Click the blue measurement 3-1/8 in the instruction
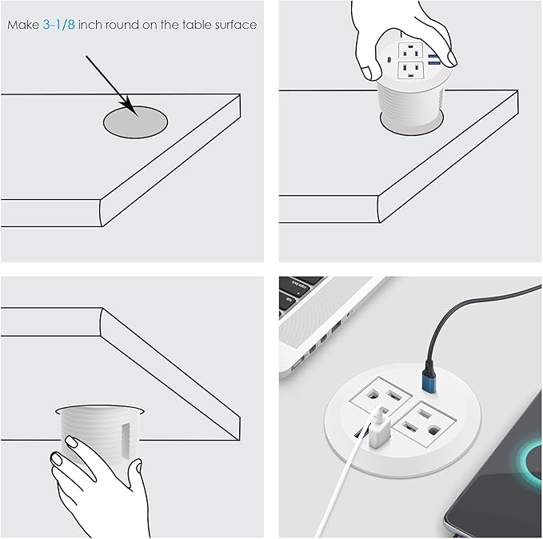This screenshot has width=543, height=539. click(x=58, y=25)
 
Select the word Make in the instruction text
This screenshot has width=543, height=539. click(x=22, y=25)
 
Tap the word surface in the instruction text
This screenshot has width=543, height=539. click(x=234, y=25)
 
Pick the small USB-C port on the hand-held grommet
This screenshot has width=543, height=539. click(x=389, y=60)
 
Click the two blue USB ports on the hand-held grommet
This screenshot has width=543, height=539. click(x=433, y=58)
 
